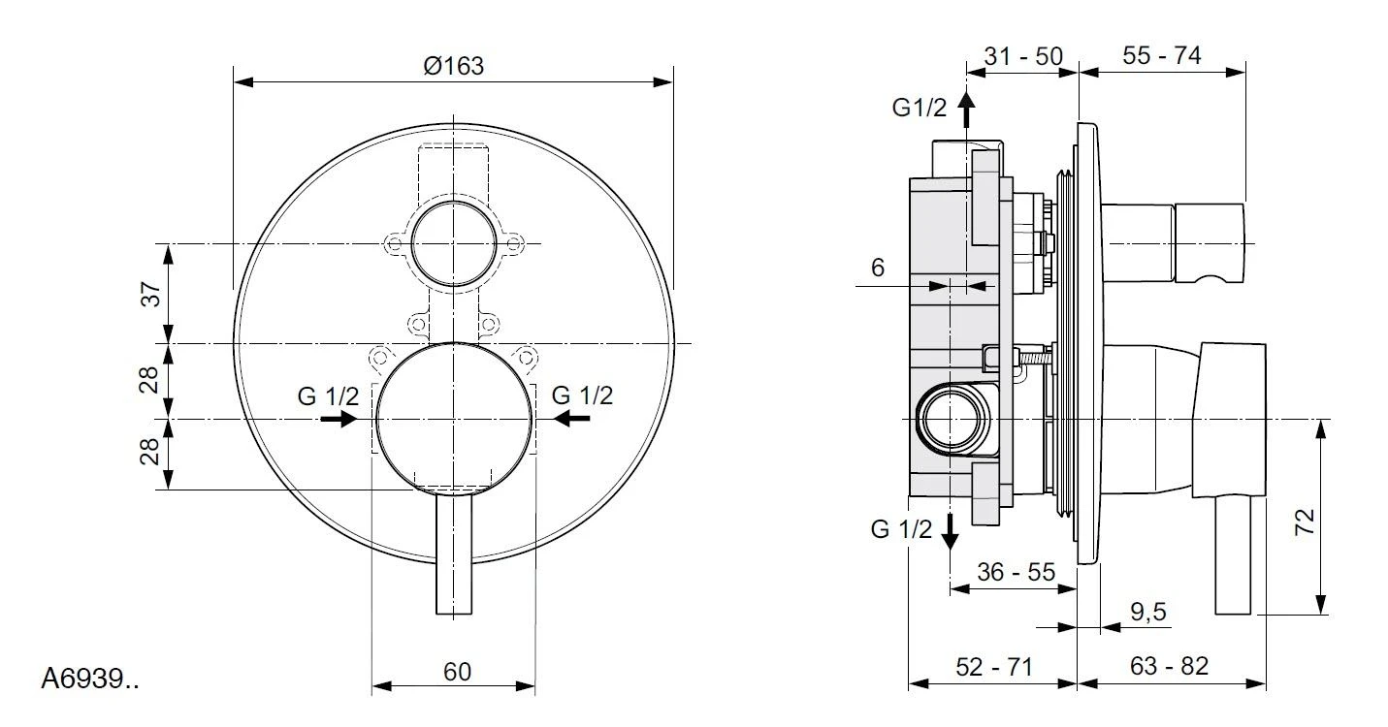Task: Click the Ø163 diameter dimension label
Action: click(x=453, y=66)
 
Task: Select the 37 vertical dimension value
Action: click(x=151, y=294)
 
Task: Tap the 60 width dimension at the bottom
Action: click(x=457, y=672)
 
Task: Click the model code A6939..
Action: click(x=89, y=680)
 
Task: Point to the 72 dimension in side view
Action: click(x=1306, y=522)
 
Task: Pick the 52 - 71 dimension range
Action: click(x=994, y=667)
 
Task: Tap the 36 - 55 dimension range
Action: click(x=1016, y=571)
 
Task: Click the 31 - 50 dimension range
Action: click(x=1023, y=56)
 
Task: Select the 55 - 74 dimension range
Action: click(x=1162, y=56)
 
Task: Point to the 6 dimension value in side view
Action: click(x=878, y=269)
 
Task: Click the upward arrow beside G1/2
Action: click(x=966, y=110)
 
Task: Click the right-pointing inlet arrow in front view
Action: click(x=339, y=419)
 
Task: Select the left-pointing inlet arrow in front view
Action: click(x=572, y=419)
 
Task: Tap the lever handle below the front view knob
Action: click(x=453, y=554)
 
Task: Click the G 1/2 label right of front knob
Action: click(x=582, y=395)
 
